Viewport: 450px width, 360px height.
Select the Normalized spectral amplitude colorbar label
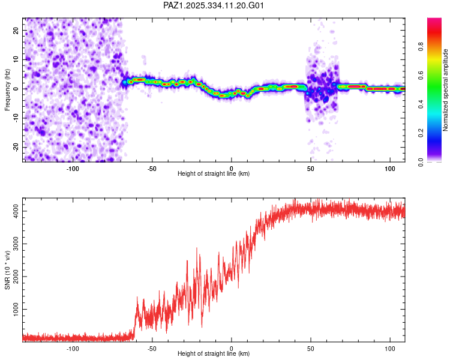click(x=446, y=90)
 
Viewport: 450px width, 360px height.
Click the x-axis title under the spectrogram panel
click(x=214, y=174)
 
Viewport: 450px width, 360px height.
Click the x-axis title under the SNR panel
click(x=214, y=354)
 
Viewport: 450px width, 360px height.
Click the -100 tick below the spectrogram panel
click(x=73, y=169)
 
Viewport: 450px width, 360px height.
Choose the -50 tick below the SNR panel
click(x=152, y=349)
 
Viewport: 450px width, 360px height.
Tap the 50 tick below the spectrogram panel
click(x=311, y=169)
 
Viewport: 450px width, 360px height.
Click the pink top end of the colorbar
click(x=434, y=20)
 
